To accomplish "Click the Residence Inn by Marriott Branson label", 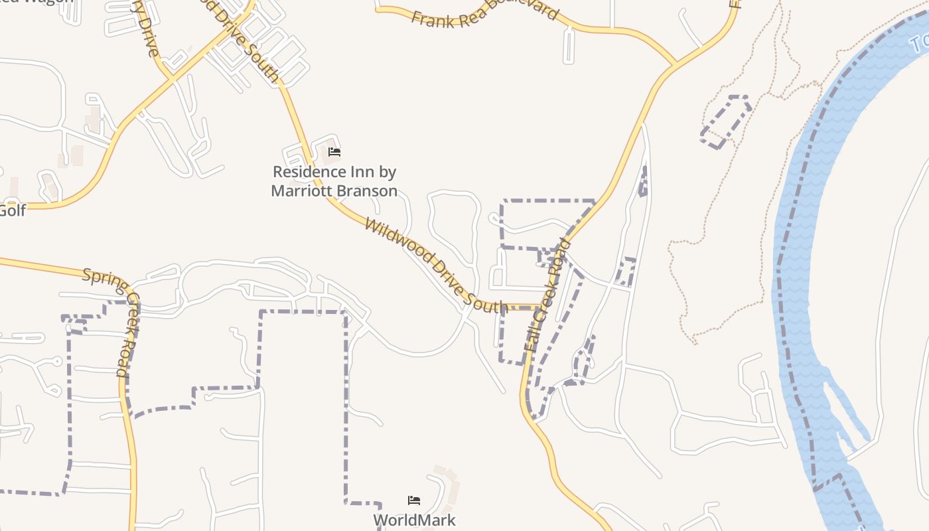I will pyautogui.click(x=334, y=181).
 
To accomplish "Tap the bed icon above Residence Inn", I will pyautogui.click(x=334, y=152).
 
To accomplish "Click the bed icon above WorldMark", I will pyautogui.click(x=414, y=500).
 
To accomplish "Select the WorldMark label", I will pyautogui.click(x=414, y=520).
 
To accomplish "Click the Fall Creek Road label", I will pyautogui.click(x=547, y=295).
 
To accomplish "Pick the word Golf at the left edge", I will pyautogui.click(x=12, y=211).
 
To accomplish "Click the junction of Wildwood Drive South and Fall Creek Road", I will pyautogui.click(x=539, y=307).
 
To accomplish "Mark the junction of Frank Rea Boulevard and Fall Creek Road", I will pyautogui.click(x=676, y=66).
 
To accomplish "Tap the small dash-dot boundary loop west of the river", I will pyautogui.click(x=727, y=121).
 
